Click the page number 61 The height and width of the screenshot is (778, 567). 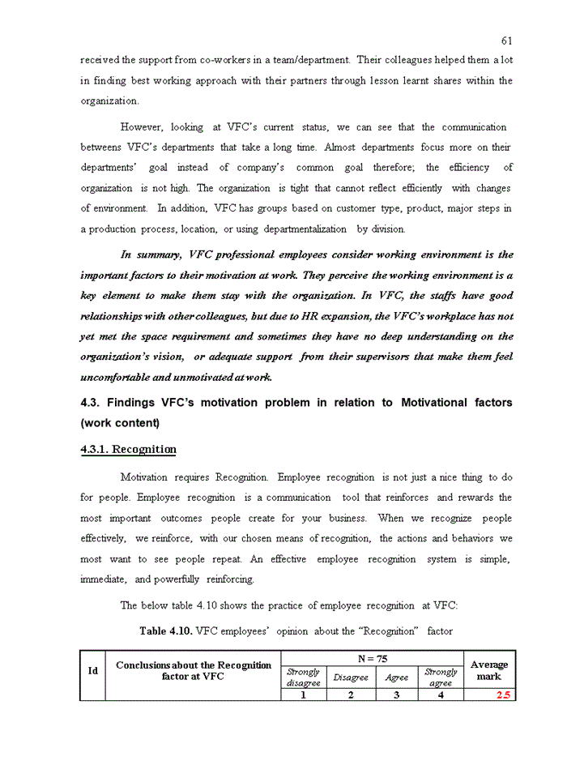(x=506, y=41)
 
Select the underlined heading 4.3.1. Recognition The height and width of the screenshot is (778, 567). (x=128, y=449)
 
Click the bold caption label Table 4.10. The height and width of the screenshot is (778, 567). (x=166, y=631)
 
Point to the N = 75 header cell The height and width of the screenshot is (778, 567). (x=372, y=660)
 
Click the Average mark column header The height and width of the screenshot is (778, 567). (x=488, y=670)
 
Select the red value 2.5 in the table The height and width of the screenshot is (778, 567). (x=503, y=695)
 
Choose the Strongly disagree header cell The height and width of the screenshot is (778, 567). (x=303, y=677)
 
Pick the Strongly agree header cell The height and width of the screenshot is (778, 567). (x=441, y=677)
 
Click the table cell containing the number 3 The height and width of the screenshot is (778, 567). (x=396, y=695)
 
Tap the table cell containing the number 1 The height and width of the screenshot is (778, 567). (x=303, y=695)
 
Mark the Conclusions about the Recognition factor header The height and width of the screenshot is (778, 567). (x=193, y=670)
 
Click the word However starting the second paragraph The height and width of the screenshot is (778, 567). (x=141, y=127)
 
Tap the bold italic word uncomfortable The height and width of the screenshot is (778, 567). (x=114, y=378)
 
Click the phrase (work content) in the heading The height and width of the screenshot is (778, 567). (x=120, y=423)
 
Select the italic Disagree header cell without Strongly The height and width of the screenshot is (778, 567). (x=351, y=677)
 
